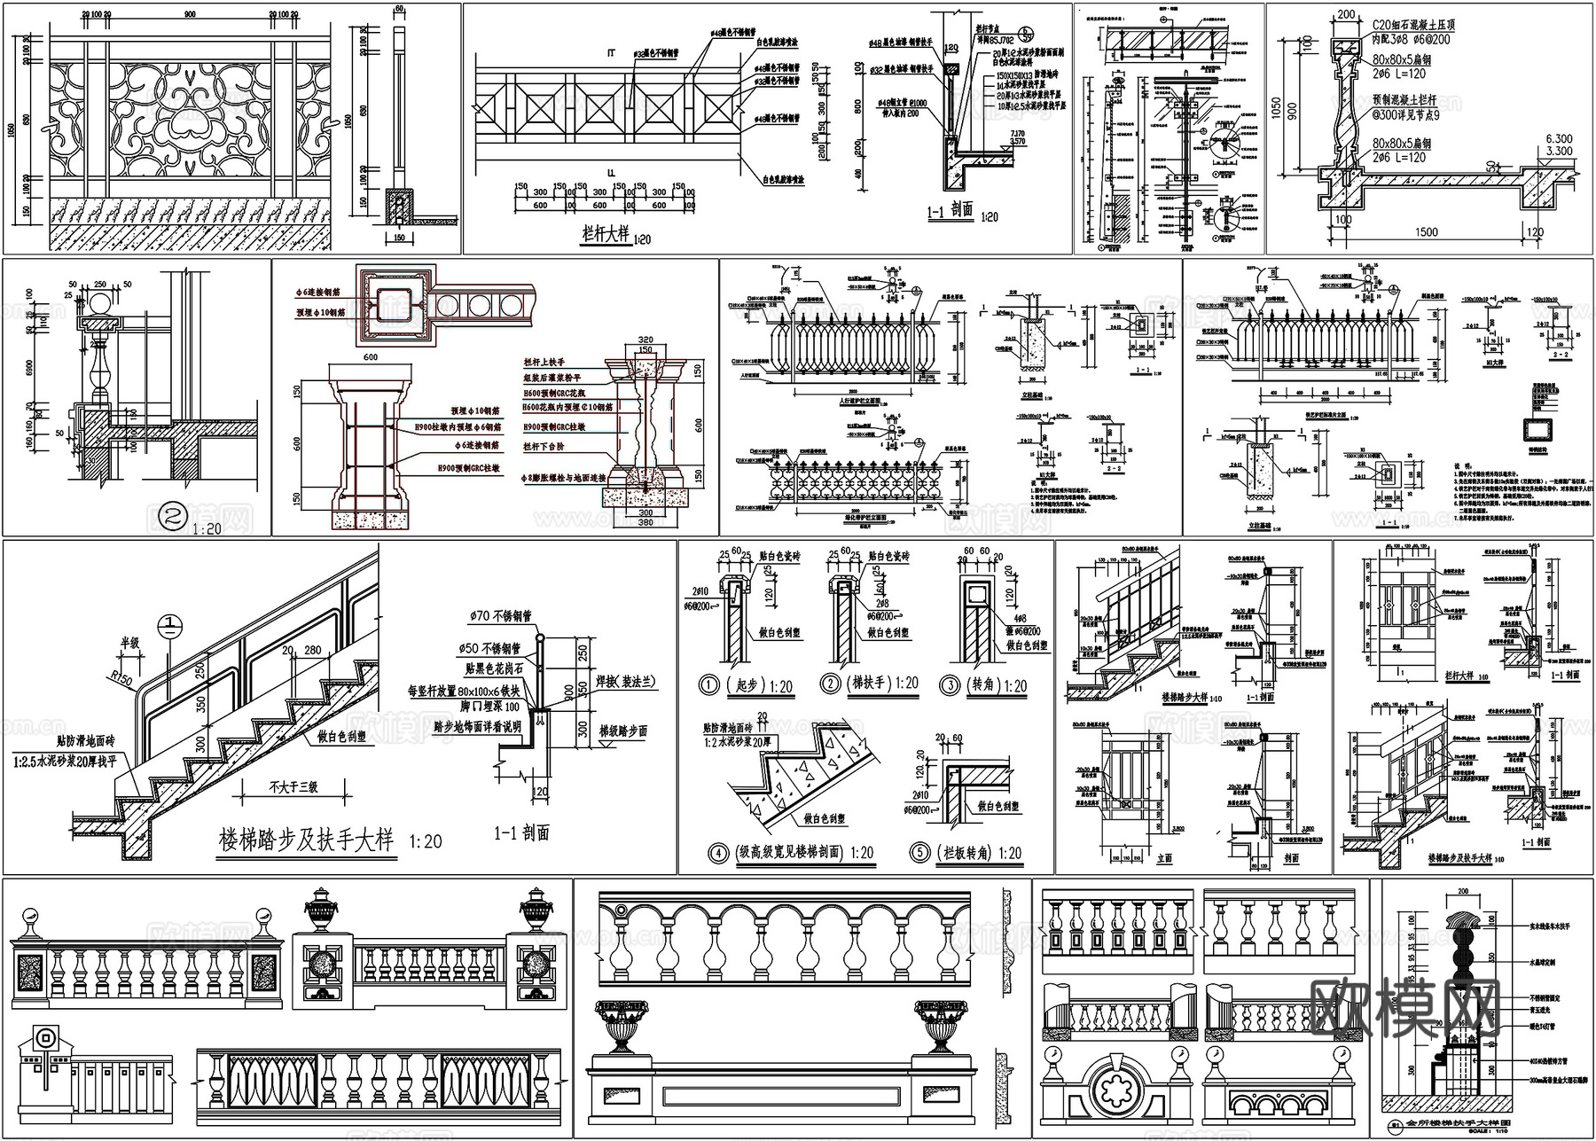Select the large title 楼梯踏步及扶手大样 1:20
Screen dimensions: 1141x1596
tap(329, 840)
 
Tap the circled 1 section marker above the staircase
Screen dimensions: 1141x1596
tap(169, 626)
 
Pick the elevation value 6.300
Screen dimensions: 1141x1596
tap(1560, 138)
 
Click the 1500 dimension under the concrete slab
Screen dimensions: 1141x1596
tap(1427, 231)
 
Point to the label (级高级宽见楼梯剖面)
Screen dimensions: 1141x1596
tap(793, 853)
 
